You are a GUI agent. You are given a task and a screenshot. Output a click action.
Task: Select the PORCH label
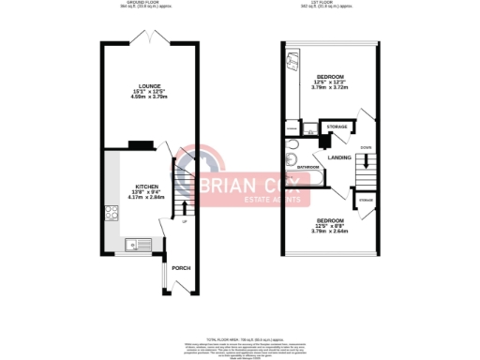click(x=181, y=268)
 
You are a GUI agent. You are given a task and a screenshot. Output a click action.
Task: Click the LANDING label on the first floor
click(x=339, y=157)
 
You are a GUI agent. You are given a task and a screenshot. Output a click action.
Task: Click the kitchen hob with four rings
click(x=112, y=211)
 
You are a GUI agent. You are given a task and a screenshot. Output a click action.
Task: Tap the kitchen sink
click(x=131, y=246)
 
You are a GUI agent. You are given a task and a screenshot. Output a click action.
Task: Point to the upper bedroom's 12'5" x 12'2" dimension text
click(x=329, y=82)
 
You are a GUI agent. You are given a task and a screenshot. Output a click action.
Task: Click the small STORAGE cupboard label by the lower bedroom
click(x=365, y=200)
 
